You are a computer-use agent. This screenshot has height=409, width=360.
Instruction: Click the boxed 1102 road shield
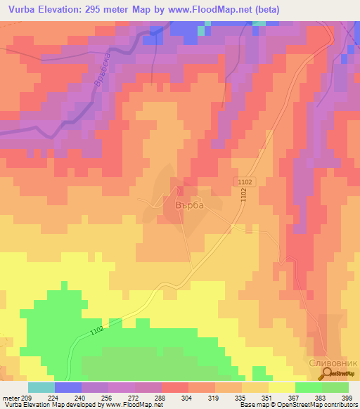[243, 181]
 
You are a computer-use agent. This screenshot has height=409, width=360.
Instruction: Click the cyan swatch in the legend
[41, 387]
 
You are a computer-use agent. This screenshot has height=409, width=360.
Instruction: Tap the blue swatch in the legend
[68, 387]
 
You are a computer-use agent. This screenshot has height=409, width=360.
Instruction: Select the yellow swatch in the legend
[282, 387]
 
